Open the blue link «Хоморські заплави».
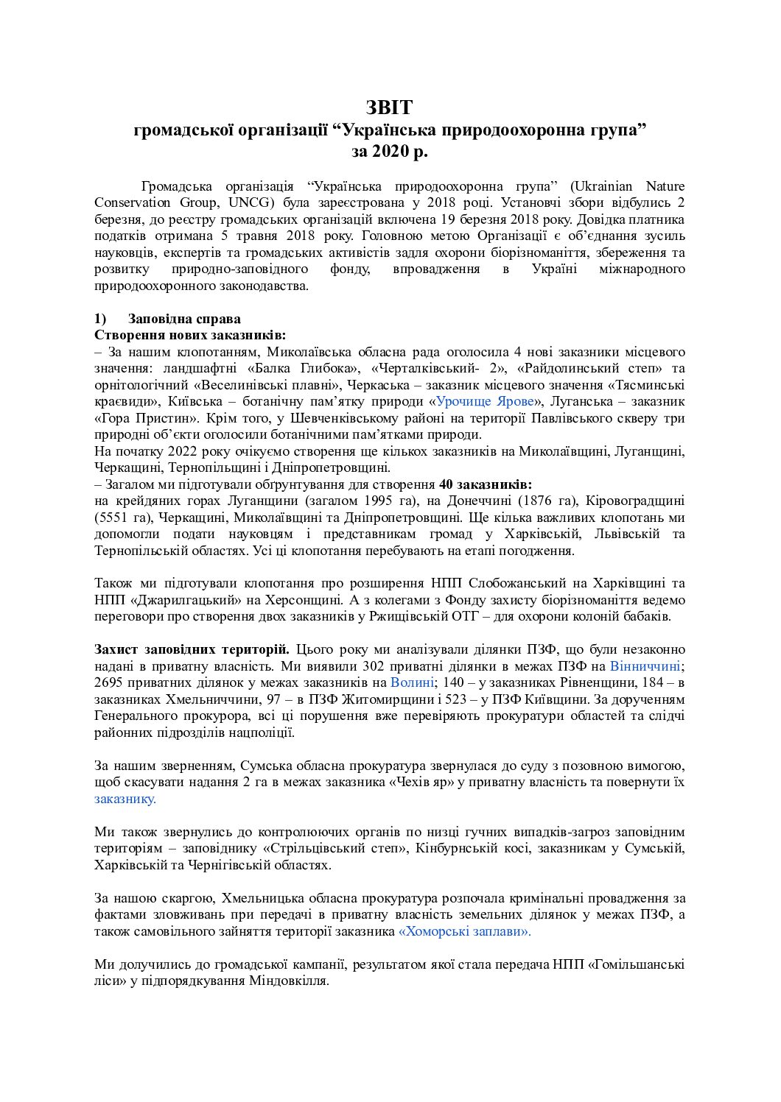[x=464, y=931]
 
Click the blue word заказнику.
[x=125, y=798]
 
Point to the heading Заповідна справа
[x=183, y=319]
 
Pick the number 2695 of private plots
[x=110, y=682]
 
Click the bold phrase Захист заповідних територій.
[x=192, y=649]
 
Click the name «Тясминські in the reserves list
[x=646, y=384]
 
